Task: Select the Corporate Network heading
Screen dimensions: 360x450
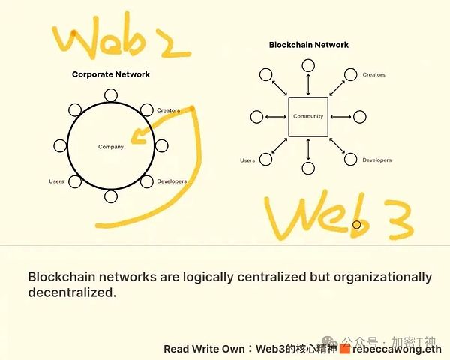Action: pyautogui.click(x=110, y=74)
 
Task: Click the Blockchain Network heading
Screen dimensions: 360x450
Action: pyautogui.click(x=309, y=45)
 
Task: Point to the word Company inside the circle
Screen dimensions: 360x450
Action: pyautogui.click(x=110, y=147)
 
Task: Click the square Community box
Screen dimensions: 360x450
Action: pyautogui.click(x=308, y=116)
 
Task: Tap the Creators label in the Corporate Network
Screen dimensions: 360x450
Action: pyautogui.click(x=169, y=110)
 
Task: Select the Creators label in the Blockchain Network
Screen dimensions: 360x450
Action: pyautogui.click(x=373, y=75)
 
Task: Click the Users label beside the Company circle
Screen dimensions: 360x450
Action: pyautogui.click(x=56, y=181)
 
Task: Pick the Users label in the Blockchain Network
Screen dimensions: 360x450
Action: pyautogui.click(x=247, y=160)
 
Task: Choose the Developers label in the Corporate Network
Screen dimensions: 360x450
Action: pyautogui.click(x=172, y=181)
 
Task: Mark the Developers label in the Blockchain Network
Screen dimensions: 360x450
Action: pyautogui.click(x=376, y=160)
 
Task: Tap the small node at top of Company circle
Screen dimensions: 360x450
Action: pyautogui.click(x=111, y=94)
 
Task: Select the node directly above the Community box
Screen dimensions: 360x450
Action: pyautogui.click(x=308, y=64)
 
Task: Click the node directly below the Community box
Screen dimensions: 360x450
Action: pyautogui.click(x=308, y=169)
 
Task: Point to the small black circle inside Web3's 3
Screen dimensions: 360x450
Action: pyautogui.click(x=357, y=223)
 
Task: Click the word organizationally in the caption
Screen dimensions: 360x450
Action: pyautogui.click(x=367, y=277)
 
